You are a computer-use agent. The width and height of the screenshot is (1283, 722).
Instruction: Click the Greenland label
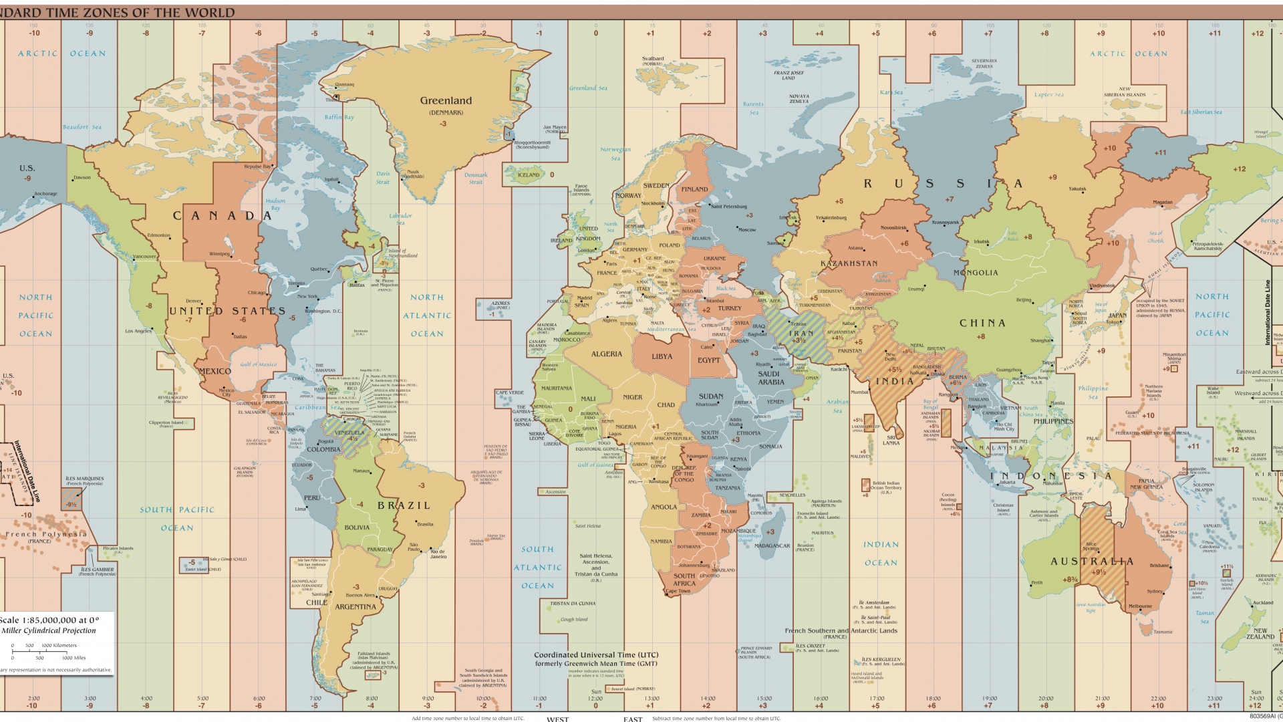point(446,101)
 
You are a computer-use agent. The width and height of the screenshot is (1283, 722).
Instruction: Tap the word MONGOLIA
point(976,273)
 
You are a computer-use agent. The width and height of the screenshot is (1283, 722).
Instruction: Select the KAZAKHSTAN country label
point(849,263)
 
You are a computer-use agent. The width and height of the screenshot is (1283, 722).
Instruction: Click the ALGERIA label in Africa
point(606,354)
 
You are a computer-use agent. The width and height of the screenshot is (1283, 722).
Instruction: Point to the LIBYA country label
point(662,356)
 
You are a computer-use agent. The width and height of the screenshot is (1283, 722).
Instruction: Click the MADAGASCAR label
point(772,546)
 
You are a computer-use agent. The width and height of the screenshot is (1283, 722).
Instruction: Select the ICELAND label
point(529,175)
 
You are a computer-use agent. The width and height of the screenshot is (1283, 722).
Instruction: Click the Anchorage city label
point(45,194)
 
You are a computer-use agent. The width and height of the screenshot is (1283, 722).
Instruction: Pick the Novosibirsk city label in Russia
point(893,228)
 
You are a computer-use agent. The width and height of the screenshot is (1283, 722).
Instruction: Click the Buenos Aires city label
point(360,595)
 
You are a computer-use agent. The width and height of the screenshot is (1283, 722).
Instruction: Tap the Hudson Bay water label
point(275,204)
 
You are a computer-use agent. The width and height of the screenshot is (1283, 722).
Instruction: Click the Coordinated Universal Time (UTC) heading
point(595,655)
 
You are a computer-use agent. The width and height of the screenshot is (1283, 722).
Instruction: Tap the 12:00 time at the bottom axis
point(595,699)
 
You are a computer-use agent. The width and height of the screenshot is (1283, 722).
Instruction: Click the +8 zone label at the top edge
point(1044,33)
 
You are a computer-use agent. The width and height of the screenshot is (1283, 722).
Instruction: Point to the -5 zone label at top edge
point(314,33)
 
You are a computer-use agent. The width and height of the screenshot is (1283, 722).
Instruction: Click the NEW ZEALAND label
point(1260,634)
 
